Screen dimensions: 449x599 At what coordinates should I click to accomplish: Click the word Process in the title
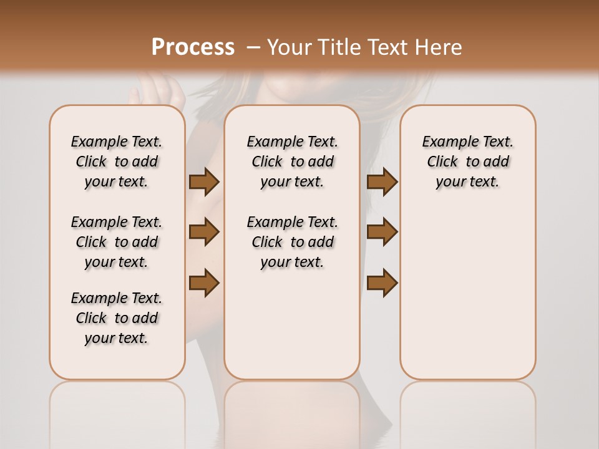tap(193, 47)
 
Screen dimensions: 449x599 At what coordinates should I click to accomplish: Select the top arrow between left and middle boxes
tap(204, 181)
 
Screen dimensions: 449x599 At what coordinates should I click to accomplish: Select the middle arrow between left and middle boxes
tap(204, 232)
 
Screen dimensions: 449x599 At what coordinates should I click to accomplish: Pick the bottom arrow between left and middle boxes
tap(204, 283)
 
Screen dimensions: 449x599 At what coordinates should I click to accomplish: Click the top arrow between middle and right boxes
tap(382, 181)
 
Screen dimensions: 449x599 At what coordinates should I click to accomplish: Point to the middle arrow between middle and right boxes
tap(382, 232)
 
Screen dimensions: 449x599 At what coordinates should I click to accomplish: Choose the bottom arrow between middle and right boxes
tap(382, 283)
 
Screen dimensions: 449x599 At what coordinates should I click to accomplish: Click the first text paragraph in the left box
tap(117, 162)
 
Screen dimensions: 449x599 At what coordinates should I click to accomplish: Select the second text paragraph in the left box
tap(117, 242)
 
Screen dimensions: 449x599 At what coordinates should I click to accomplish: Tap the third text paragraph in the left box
tap(117, 318)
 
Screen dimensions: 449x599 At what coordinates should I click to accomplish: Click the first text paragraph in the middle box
tap(292, 162)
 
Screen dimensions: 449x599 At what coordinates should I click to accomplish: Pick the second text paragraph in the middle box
tap(292, 242)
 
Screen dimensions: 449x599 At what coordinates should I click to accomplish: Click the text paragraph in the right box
tap(467, 162)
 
